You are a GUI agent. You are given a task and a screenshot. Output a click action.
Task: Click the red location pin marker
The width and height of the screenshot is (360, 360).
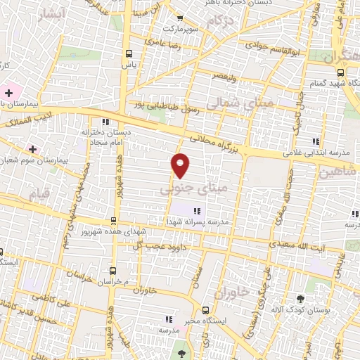(x=181, y=165)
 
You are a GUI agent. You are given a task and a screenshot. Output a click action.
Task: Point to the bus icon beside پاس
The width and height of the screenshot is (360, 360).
(x=128, y=53)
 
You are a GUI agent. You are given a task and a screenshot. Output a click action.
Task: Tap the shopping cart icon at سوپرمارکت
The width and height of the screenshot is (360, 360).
(x=180, y=19)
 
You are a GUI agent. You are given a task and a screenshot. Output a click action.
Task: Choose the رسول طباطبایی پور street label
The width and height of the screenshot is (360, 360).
(x=169, y=103)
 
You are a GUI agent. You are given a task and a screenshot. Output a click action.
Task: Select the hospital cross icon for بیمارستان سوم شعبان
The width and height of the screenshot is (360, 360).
(x=32, y=148)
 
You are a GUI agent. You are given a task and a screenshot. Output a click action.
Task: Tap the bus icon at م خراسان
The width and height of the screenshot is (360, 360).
(x=113, y=270)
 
